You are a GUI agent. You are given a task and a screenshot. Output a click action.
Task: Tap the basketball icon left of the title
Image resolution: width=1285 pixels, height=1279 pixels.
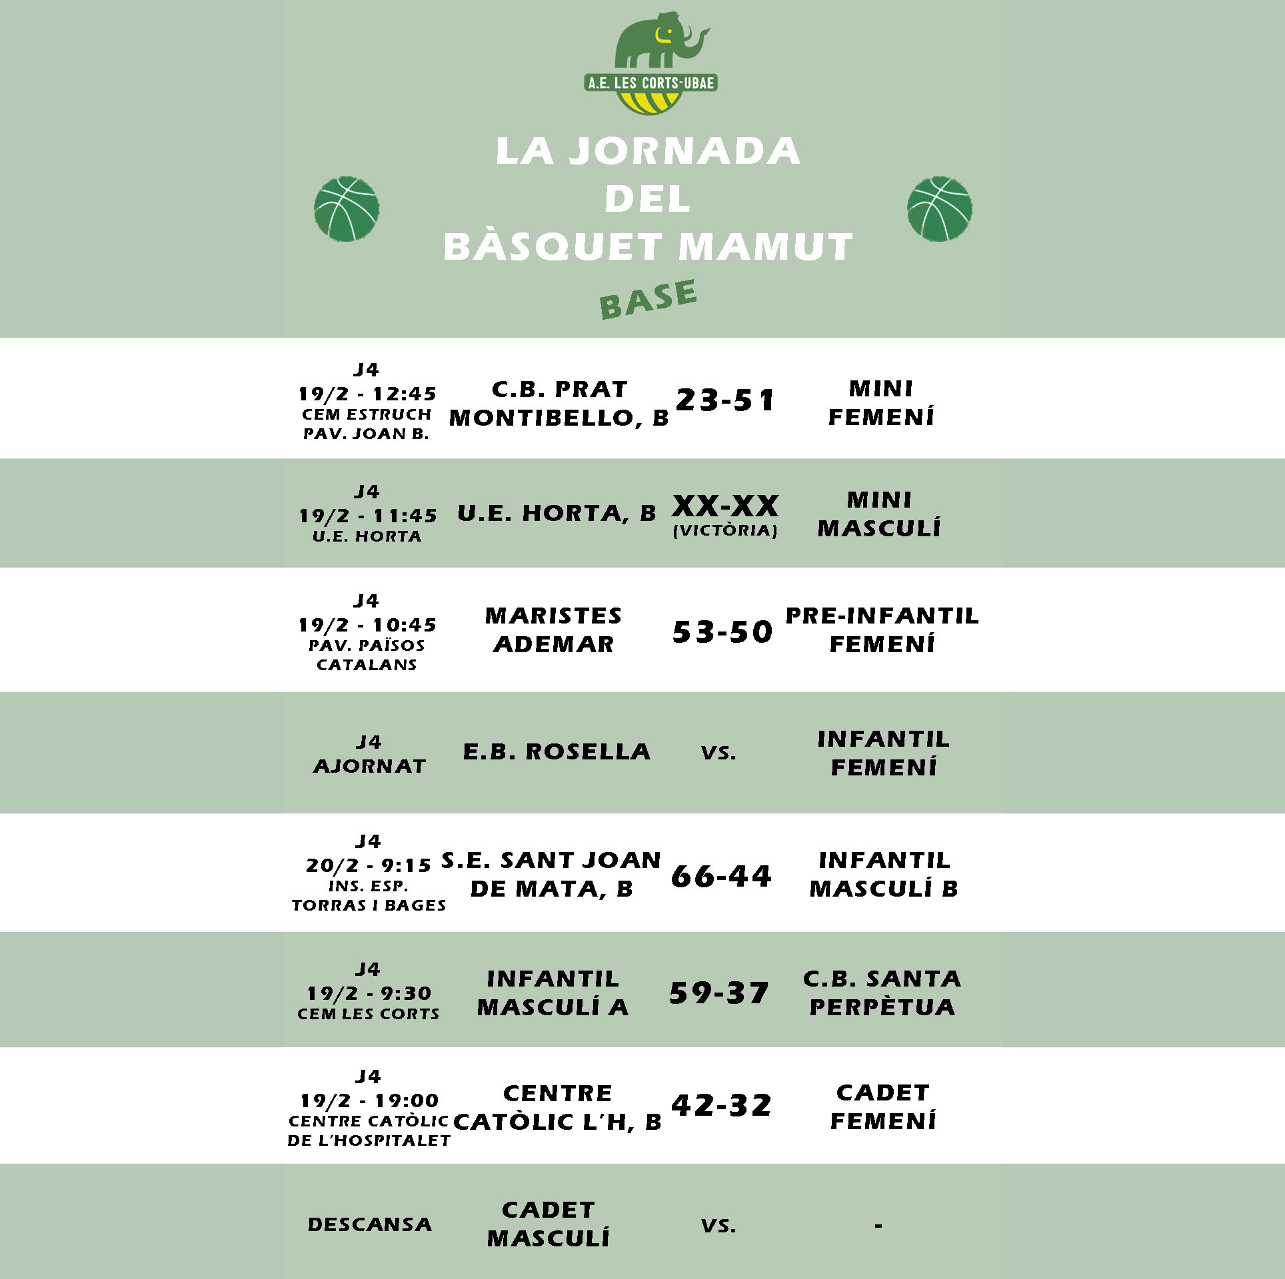pos(347,209)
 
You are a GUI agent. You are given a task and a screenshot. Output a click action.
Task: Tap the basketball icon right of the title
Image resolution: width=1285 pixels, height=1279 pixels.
pos(939,209)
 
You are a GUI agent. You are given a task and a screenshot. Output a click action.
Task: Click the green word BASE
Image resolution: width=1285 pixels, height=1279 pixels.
pos(648,299)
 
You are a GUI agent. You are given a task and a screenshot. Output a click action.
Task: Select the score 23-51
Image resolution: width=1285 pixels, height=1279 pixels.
pos(725,400)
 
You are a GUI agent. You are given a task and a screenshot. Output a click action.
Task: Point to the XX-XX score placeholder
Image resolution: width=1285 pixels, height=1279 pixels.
pos(725,506)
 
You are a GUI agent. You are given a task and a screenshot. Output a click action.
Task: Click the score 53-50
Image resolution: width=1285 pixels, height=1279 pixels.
pos(722,632)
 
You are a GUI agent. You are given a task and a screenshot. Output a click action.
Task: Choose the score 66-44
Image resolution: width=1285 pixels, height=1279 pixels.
pos(722,876)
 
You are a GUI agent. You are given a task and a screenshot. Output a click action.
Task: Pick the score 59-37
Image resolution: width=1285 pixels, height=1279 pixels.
pos(719,993)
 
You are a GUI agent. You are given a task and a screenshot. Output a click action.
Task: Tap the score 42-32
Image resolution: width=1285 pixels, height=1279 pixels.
pos(722,1106)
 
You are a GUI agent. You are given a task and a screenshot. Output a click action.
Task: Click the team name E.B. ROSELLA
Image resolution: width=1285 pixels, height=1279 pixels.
pos(557,752)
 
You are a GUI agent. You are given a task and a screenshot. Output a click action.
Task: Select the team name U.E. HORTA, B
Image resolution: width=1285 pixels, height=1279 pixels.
pos(557,514)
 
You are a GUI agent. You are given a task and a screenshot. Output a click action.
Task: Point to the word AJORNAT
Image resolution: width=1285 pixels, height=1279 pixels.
pos(369,767)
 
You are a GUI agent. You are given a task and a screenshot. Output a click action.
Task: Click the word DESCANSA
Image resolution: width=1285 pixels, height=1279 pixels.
pos(369,1224)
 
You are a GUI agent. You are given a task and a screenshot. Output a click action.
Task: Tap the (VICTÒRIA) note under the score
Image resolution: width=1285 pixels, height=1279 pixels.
pos(725,531)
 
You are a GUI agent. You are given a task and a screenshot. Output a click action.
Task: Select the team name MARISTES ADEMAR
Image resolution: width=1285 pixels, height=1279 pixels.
pos(553,630)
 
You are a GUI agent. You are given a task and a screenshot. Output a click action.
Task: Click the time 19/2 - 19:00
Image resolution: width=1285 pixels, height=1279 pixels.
pos(369,1100)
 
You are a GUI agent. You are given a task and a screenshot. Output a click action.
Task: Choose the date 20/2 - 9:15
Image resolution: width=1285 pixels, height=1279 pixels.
pos(369,865)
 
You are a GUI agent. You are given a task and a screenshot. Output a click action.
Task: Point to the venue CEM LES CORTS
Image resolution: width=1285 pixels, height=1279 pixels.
pos(369,1014)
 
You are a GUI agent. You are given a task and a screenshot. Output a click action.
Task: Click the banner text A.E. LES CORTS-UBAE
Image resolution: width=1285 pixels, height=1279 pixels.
pos(650,83)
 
